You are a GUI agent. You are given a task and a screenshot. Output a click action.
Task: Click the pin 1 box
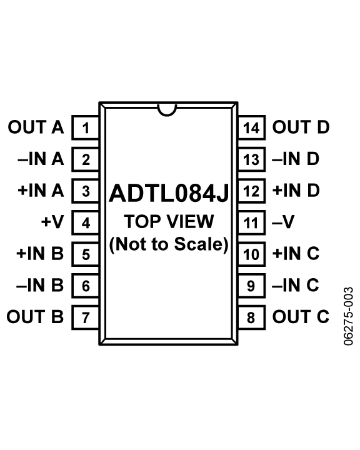(86, 128)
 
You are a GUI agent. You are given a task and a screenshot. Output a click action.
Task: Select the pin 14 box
(251, 128)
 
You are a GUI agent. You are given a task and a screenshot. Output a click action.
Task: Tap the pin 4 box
(86, 222)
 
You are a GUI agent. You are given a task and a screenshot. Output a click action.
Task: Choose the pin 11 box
(251, 222)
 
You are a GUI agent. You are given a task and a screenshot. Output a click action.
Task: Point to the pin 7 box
(86, 317)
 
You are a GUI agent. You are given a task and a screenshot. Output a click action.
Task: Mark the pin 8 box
(251, 317)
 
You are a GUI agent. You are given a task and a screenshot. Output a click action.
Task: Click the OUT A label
(36, 128)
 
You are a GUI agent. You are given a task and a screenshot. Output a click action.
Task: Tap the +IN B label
(39, 254)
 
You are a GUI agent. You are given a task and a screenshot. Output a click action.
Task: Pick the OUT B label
(36, 317)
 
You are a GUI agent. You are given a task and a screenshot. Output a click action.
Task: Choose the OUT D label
(301, 128)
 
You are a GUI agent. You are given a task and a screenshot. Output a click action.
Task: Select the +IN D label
(296, 191)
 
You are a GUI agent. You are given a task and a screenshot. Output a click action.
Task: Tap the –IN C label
(296, 286)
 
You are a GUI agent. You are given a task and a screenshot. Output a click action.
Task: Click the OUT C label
(301, 317)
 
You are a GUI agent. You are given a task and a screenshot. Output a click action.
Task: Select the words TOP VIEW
(169, 222)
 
